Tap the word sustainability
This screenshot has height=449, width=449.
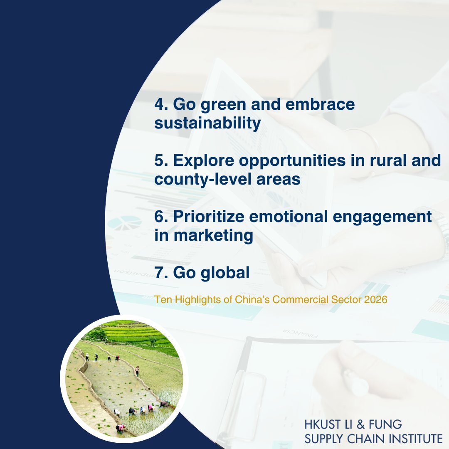tap(207, 123)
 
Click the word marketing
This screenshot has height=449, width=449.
tap(214, 236)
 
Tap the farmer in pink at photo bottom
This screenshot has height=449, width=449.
tap(121, 427)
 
